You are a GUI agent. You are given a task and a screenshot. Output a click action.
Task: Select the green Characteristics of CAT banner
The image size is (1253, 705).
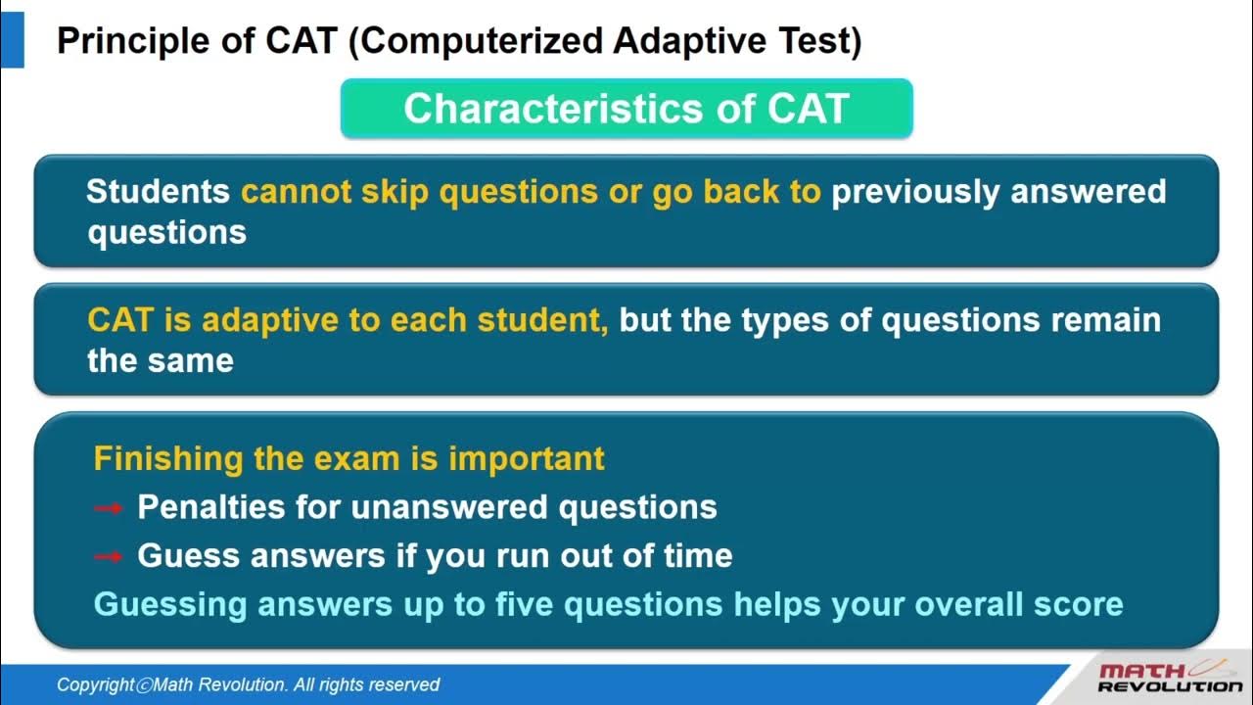[626, 109]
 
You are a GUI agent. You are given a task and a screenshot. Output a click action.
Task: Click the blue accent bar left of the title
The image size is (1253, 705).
[12, 41]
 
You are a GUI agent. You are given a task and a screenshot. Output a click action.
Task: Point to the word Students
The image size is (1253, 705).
[158, 191]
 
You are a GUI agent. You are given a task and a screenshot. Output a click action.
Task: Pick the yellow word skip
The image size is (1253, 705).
[395, 192]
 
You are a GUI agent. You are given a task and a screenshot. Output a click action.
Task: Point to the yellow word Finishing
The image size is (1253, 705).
[167, 458]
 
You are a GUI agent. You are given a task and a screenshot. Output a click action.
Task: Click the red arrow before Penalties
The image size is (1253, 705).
[108, 508]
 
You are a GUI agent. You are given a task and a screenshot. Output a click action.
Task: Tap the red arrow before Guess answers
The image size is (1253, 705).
[108, 556]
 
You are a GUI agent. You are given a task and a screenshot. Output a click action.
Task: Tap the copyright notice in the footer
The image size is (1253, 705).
[248, 684]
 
